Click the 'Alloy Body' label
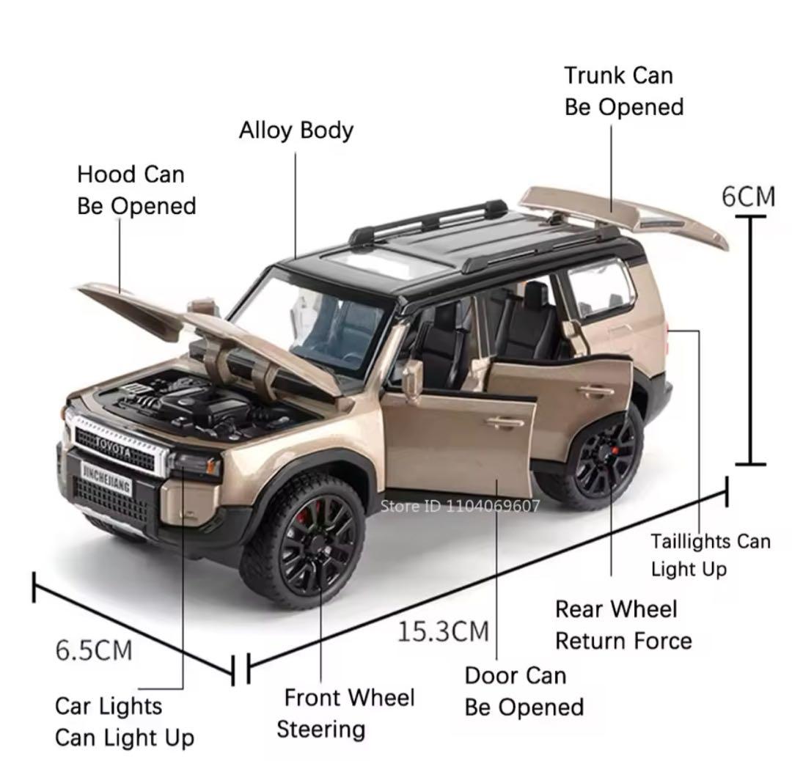tap(296, 130)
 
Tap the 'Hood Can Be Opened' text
tap(136, 191)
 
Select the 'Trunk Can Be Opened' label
tap(624, 92)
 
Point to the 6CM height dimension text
tap(748, 196)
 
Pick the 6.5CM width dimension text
tap(93, 650)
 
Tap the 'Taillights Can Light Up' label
tap(710, 556)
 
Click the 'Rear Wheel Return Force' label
tap(624, 625)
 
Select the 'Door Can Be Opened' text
tap(524, 691)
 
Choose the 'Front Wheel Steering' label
tap(346, 713)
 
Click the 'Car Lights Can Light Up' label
tap(124, 722)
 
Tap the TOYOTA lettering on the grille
tap(113, 447)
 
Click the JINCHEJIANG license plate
tap(106, 478)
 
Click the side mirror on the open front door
tap(413, 378)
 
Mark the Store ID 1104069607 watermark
tap(460, 505)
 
